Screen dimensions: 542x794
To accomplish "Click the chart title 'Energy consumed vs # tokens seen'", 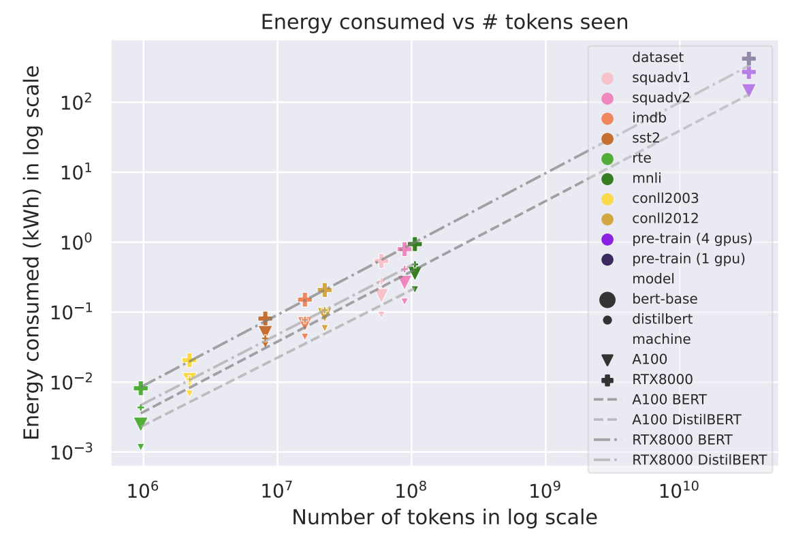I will [444, 22].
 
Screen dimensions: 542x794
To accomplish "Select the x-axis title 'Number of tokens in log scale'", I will [444, 518].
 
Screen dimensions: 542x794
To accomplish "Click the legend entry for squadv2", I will [660, 97].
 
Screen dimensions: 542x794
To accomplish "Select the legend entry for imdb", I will [648, 118].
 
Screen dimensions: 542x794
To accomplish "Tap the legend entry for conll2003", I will [665, 199].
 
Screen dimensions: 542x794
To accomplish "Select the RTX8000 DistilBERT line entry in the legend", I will [698, 460].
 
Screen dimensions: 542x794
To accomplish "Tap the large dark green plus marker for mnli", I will [415, 244].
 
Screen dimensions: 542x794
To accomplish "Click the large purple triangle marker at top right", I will [748, 90].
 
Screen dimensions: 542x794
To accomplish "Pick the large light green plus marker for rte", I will [141, 388].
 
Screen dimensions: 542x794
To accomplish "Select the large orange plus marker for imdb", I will [304, 300].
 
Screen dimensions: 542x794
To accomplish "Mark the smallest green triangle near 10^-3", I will [141, 447].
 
